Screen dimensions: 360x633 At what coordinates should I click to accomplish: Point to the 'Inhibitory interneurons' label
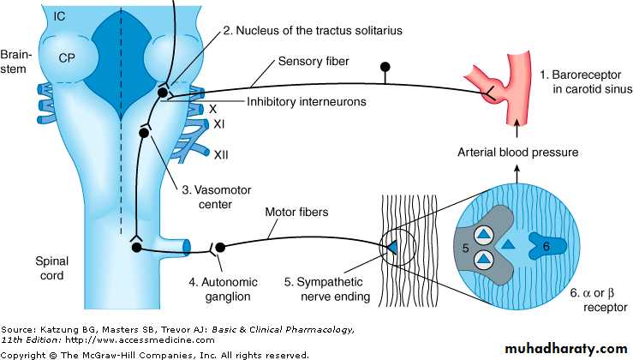pos(307,100)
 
